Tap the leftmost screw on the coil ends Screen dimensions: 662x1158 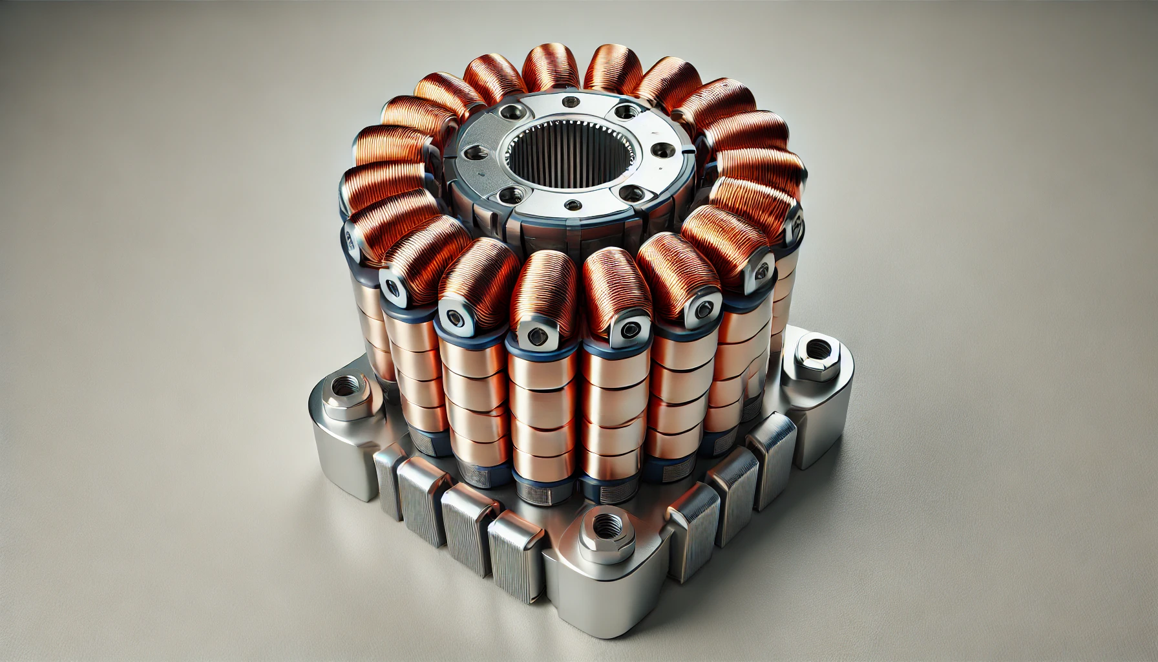351,240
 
